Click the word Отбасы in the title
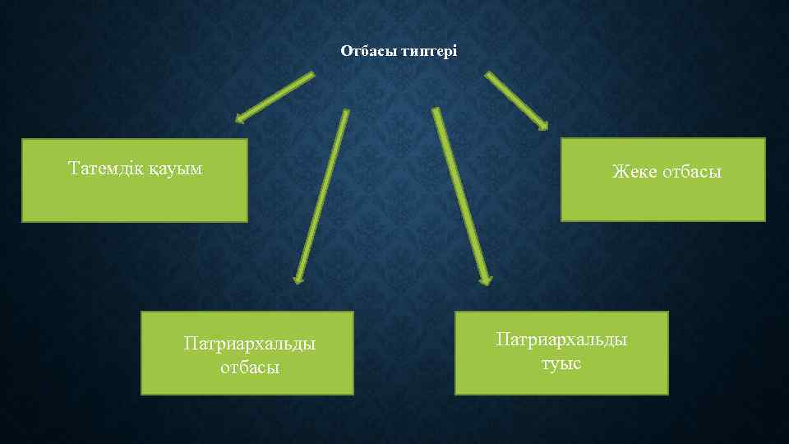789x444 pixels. [x=368, y=52]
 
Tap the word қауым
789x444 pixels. [x=176, y=170]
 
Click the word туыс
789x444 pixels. [x=561, y=363]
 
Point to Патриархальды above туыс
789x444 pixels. [x=561, y=340]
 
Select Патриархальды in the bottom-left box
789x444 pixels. [x=250, y=343]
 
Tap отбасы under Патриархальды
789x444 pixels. [x=250, y=367]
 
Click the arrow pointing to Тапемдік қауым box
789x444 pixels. [x=275, y=97]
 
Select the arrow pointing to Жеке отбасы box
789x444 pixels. [x=516, y=100]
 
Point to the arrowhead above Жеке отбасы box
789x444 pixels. [x=542, y=125]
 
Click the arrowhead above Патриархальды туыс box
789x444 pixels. [x=487, y=279]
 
